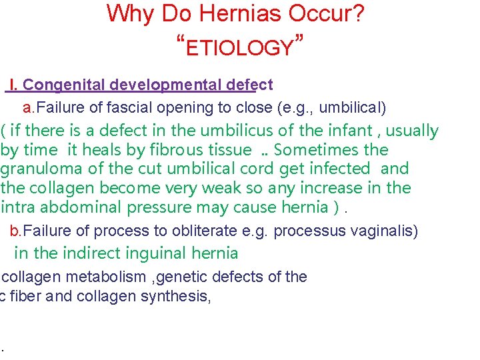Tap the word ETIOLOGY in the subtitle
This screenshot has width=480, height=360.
click(240, 48)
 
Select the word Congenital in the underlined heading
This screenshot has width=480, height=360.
click(65, 85)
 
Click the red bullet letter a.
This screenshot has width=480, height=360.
click(26, 107)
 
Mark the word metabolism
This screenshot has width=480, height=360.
click(105, 277)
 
